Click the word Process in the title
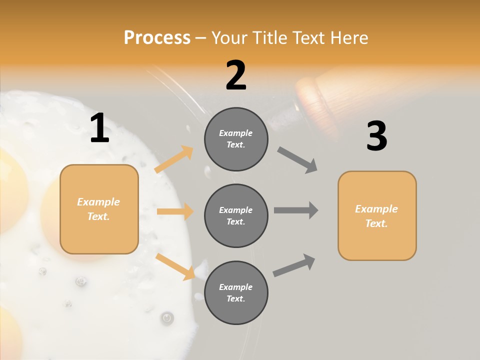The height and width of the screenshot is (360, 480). (157, 38)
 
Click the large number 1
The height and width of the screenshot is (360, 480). (99, 128)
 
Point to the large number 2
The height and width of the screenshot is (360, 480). (236, 75)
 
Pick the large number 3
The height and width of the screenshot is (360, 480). (376, 136)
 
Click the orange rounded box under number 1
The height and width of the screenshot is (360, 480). (99, 209)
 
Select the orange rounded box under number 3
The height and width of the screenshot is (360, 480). (377, 216)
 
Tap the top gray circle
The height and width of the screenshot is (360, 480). (236, 139)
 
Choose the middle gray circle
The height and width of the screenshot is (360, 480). (236, 215)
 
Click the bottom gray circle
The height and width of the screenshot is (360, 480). (236, 292)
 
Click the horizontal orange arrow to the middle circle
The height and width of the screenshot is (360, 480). (175, 211)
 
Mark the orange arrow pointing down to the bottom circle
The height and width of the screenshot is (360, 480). (175, 266)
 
